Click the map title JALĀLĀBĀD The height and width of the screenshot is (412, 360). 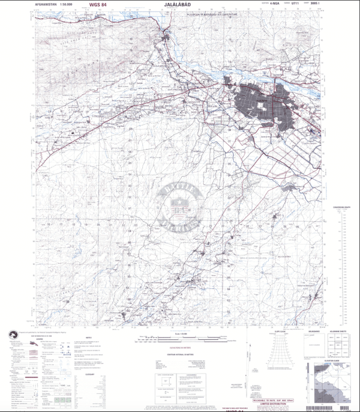coord(179,5)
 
